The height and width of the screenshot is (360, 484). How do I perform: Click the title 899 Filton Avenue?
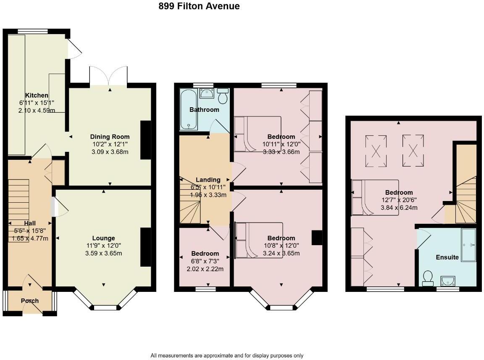(x=199, y=6)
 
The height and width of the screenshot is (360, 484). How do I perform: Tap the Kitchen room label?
(x=37, y=95)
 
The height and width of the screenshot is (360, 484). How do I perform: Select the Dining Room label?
(x=110, y=137)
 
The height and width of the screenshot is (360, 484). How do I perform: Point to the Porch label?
(x=29, y=301)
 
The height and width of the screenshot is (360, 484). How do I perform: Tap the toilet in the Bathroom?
(x=223, y=96)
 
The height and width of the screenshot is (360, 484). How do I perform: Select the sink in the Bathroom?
(x=206, y=93)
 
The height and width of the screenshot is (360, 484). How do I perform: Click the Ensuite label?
(x=447, y=257)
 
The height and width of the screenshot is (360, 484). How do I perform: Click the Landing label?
(x=208, y=180)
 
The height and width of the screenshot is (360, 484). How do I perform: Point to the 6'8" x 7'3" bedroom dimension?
(x=205, y=261)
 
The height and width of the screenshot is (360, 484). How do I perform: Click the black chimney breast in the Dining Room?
(x=145, y=140)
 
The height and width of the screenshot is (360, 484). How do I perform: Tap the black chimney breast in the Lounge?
(x=145, y=247)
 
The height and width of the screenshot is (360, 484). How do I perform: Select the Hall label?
(x=30, y=223)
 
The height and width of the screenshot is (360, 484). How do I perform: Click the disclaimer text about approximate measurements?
(x=227, y=355)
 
